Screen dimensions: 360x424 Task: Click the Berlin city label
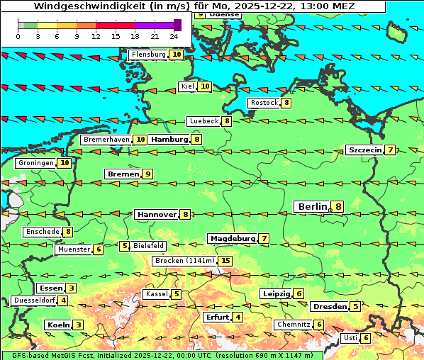(x=312, y=206)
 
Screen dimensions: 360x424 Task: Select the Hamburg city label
(x=169, y=140)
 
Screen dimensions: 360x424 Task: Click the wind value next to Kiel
(x=205, y=86)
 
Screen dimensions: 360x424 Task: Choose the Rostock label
(x=264, y=103)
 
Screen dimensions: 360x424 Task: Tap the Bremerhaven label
(x=106, y=140)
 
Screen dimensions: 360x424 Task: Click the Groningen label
(x=36, y=163)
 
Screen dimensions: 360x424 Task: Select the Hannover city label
(x=157, y=214)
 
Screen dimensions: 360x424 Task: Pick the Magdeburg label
(x=232, y=238)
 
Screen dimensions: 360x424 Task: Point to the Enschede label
(x=42, y=232)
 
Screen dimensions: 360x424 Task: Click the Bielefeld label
(x=149, y=246)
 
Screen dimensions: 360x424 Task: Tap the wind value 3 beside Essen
(x=72, y=288)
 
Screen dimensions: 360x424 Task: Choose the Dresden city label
(x=330, y=307)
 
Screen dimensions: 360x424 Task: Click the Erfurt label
(x=218, y=317)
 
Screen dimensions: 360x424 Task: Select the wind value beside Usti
(x=366, y=338)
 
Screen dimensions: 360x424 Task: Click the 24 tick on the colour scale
(x=174, y=35)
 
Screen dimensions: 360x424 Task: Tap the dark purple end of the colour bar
(x=177, y=25)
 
